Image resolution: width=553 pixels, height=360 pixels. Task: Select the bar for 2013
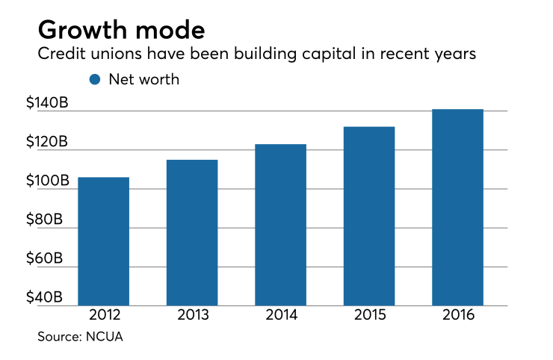coord(192,232)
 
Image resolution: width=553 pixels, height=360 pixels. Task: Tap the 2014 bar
coord(280,225)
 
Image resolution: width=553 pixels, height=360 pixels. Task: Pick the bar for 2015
coord(368,216)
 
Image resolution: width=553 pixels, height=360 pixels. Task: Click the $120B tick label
coord(47,141)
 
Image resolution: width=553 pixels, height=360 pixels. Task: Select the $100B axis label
coord(47,180)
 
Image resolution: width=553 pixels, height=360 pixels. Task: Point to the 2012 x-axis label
coord(103,314)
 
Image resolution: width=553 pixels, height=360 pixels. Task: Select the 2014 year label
coord(280,314)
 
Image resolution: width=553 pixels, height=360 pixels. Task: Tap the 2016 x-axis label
coord(457,314)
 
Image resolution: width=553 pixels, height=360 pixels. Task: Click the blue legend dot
coord(95,78)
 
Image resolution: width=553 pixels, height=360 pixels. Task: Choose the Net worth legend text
coord(144,78)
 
